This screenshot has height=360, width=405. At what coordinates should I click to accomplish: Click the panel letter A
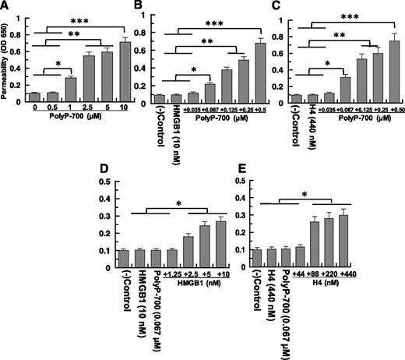(8, 7)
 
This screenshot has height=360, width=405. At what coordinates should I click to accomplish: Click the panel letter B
(143, 7)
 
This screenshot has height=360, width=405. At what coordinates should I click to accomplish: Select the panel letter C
(276, 7)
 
